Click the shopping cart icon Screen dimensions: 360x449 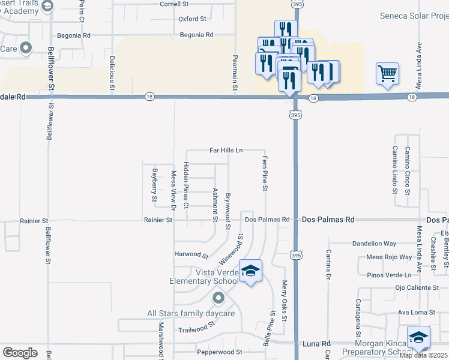[387, 74]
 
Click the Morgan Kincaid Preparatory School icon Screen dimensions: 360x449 [418, 338]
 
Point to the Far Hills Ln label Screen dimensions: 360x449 [226, 150]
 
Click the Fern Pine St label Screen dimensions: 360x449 [264, 173]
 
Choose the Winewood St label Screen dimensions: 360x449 [231, 250]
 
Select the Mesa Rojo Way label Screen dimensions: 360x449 [390, 257]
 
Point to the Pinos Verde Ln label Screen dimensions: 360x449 [391, 275]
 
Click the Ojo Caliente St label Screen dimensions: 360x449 [417, 288]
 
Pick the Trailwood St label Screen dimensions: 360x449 [196, 329]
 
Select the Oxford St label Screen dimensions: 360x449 [192, 19]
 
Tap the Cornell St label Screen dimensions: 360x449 [175, 4]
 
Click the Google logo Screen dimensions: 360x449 [20, 353]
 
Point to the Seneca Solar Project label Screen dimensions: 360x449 [414, 16]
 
